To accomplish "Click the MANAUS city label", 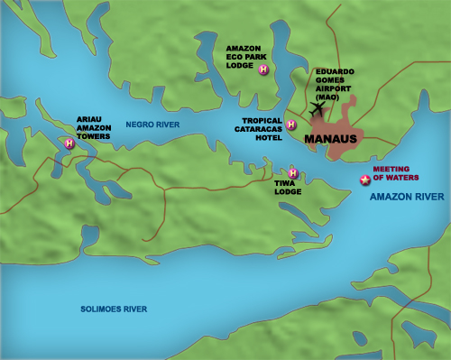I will pyautogui.click(x=331, y=140).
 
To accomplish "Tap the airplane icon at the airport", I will pyautogui.click(x=317, y=108).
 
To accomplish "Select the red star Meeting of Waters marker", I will pyautogui.click(x=364, y=180).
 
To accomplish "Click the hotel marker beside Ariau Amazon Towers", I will pyautogui.click(x=69, y=143).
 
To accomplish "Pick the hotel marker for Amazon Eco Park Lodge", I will pyautogui.click(x=262, y=70).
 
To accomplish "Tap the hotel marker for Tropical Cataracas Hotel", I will pyautogui.click(x=290, y=125).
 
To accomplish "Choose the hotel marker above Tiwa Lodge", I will pyautogui.click(x=293, y=172).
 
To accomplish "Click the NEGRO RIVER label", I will pyautogui.click(x=152, y=124).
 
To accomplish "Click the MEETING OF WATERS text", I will pyautogui.click(x=392, y=173).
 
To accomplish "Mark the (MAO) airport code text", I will pyautogui.click(x=330, y=95).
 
